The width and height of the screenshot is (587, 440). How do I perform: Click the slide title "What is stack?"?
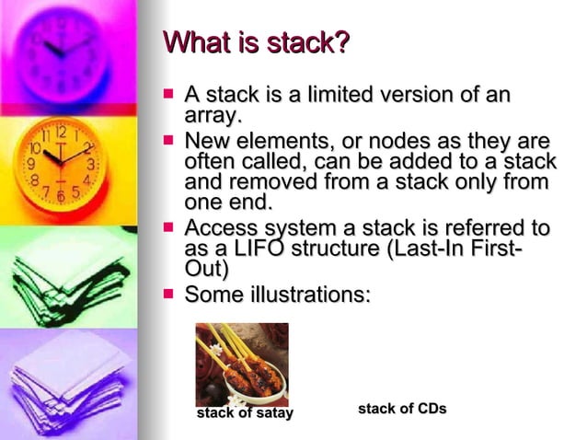[x=258, y=43]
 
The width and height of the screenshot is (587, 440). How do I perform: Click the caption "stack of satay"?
[x=246, y=413]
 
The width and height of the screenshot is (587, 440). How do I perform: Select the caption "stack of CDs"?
[x=402, y=408]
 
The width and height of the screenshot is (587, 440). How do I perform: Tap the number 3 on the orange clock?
[x=89, y=164]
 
